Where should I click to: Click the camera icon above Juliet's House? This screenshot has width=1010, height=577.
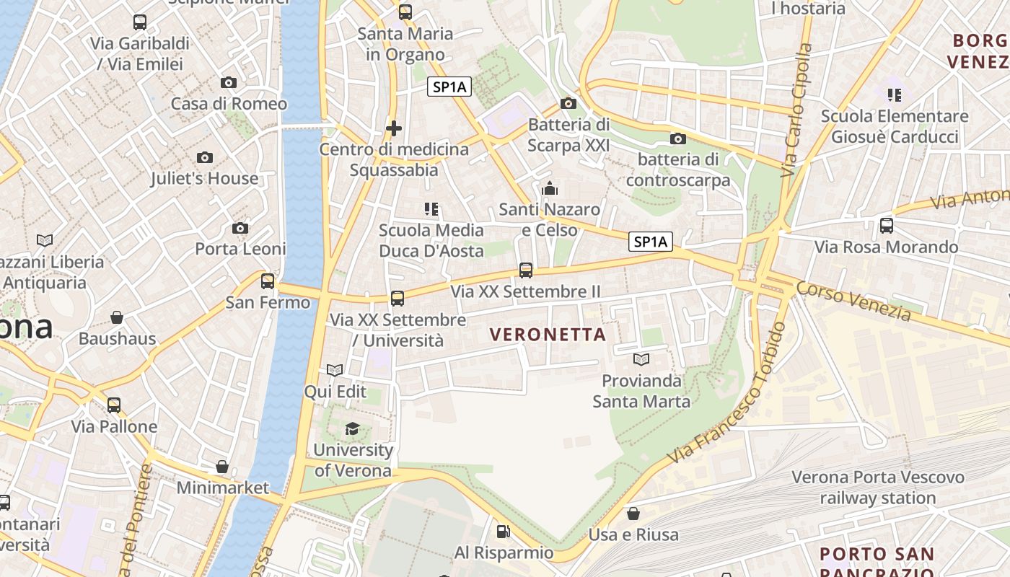(205, 157)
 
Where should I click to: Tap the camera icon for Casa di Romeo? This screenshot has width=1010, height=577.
(229, 82)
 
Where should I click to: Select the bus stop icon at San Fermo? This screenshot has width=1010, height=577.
(268, 281)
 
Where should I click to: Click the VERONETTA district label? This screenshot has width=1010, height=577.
(548, 335)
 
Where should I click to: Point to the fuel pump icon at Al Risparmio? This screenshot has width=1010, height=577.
(503, 532)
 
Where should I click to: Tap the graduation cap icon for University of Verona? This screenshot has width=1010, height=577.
(352, 429)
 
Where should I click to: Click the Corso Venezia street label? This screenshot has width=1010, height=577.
(853, 301)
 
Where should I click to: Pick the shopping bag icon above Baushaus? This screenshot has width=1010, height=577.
(117, 317)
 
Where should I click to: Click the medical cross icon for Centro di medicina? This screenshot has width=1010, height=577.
(394, 128)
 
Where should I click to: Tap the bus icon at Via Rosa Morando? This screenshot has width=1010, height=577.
(887, 226)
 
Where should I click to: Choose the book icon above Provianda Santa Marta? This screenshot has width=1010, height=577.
(641, 359)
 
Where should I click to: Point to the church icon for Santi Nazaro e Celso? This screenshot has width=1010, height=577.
(550, 189)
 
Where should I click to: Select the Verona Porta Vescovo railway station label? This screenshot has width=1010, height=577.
(878, 488)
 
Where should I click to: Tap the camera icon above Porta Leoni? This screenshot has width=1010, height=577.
(240, 228)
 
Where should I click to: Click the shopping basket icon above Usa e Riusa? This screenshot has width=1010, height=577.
(633, 514)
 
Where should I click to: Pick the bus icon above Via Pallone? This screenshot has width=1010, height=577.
(114, 405)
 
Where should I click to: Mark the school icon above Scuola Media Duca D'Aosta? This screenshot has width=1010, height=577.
(431, 209)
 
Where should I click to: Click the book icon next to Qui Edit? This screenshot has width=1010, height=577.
(335, 371)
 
